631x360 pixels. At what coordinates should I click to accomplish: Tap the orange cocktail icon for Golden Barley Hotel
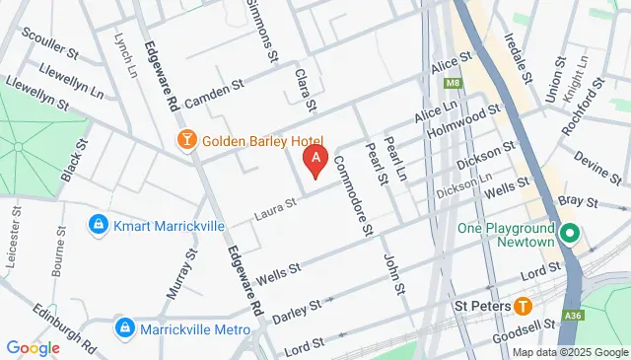(x=184, y=141)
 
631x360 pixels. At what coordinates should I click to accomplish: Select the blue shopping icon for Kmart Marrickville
(x=98, y=225)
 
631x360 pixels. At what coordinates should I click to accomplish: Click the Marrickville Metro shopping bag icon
(x=124, y=327)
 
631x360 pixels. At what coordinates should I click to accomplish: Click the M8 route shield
(x=454, y=83)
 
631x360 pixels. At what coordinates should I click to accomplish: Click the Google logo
(x=33, y=347)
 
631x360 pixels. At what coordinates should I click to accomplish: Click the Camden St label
(x=210, y=92)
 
